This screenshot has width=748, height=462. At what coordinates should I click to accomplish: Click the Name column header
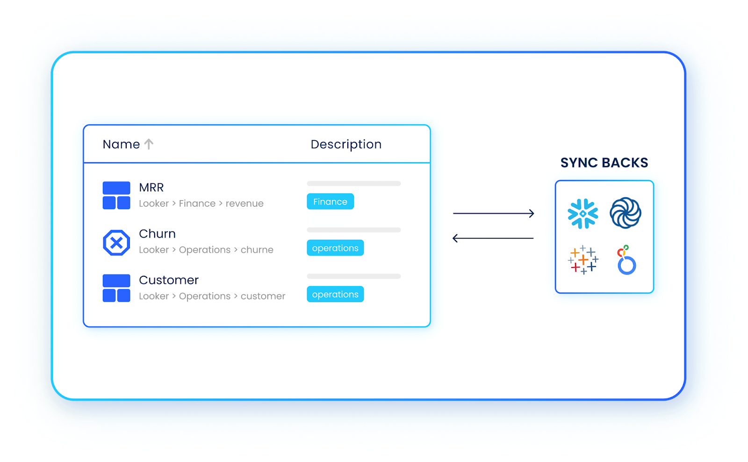point(121,144)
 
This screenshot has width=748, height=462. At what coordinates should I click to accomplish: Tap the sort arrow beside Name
point(149,144)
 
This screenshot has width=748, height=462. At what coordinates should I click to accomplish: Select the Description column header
point(346,144)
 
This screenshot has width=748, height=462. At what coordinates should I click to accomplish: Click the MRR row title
point(151,188)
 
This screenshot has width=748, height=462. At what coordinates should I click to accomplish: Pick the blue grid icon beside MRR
point(116,195)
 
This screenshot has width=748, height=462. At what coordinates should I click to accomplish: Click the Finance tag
point(330,202)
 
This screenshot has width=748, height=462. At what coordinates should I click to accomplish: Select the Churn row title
point(157,234)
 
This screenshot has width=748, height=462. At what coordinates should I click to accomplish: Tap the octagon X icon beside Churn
point(116,243)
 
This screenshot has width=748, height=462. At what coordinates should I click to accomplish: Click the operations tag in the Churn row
point(335,248)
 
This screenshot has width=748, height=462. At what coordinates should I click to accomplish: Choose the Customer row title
point(169,280)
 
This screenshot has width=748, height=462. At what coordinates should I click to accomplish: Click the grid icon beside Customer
point(116,288)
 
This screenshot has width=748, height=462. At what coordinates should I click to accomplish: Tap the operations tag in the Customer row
point(335,294)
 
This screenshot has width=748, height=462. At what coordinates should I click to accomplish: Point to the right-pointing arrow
point(493,213)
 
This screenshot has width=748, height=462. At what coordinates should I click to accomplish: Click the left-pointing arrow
point(493,238)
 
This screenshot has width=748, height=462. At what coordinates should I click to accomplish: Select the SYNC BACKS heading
point(604,163)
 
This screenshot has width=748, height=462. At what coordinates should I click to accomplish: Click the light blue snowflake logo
point(583,214)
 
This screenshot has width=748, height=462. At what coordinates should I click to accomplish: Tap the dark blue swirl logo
point(625,213)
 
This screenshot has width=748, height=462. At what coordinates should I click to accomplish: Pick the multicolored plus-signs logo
point(583,260)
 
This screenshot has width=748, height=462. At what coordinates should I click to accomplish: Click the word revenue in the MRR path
point(245,203)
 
